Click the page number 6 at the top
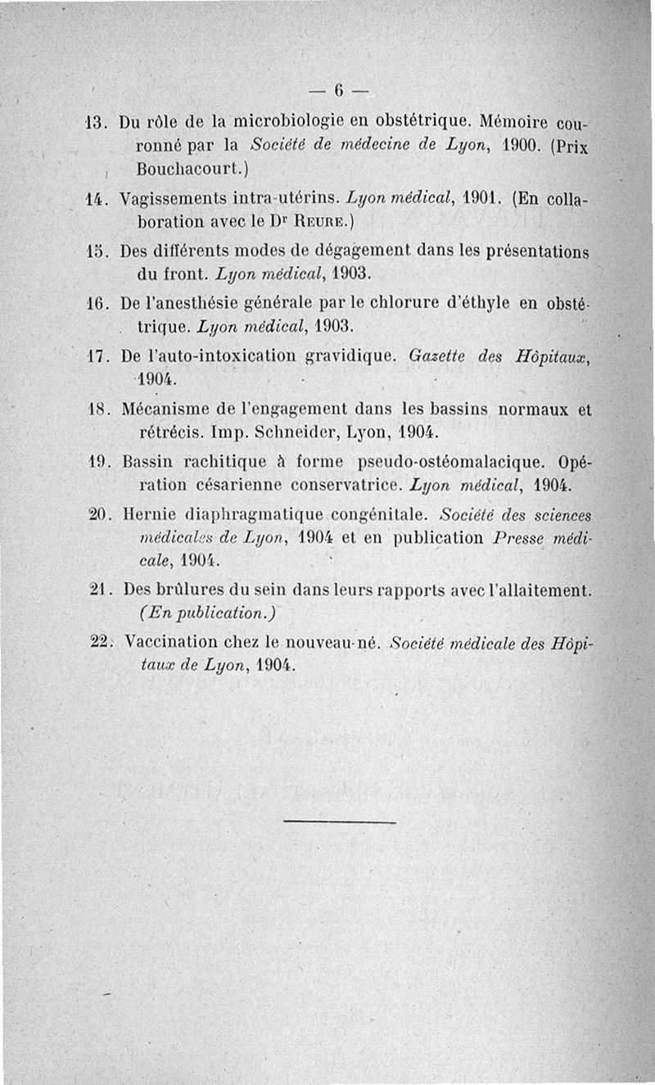point(337,88)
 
